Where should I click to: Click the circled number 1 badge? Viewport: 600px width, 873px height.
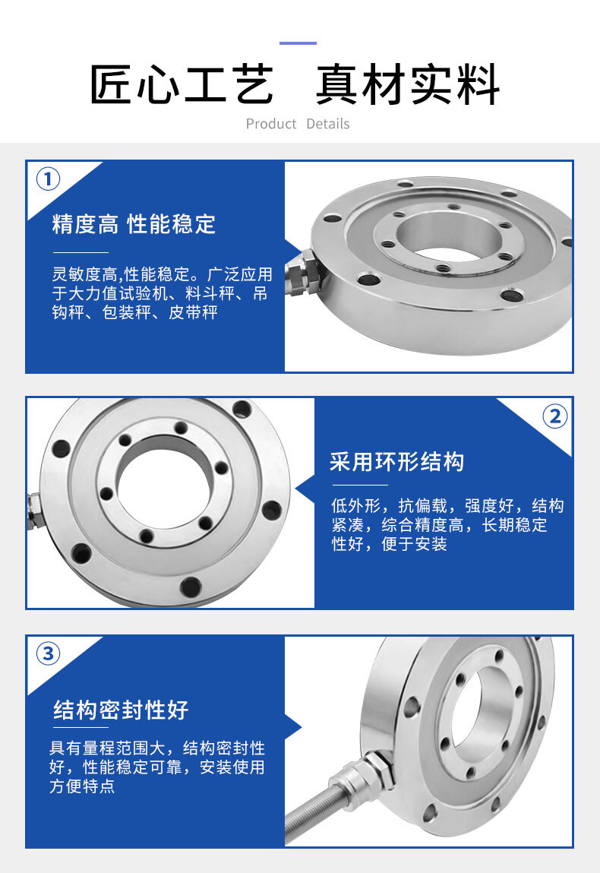(48, 179)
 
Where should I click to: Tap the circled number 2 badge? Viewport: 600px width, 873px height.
(554, 416)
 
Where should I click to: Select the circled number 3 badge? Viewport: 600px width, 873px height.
(48, 653)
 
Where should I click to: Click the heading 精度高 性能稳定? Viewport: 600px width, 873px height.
(134, 224)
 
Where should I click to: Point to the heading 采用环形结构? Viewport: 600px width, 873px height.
(396, 461)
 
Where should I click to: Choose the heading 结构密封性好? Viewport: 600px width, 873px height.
(121, 710)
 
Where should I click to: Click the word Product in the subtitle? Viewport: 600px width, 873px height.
(271, 124)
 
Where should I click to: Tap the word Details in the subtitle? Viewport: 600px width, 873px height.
(328, 124)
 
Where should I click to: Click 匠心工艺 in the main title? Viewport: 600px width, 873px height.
(182, 84)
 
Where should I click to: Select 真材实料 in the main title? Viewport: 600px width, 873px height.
(408, 84)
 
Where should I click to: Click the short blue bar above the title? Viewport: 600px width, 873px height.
(298, 43)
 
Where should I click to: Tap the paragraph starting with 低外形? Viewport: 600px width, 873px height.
(447, 525)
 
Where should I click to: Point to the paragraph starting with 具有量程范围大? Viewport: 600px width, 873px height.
(157, 767)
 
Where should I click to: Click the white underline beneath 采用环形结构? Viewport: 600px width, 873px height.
(359, 485)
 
